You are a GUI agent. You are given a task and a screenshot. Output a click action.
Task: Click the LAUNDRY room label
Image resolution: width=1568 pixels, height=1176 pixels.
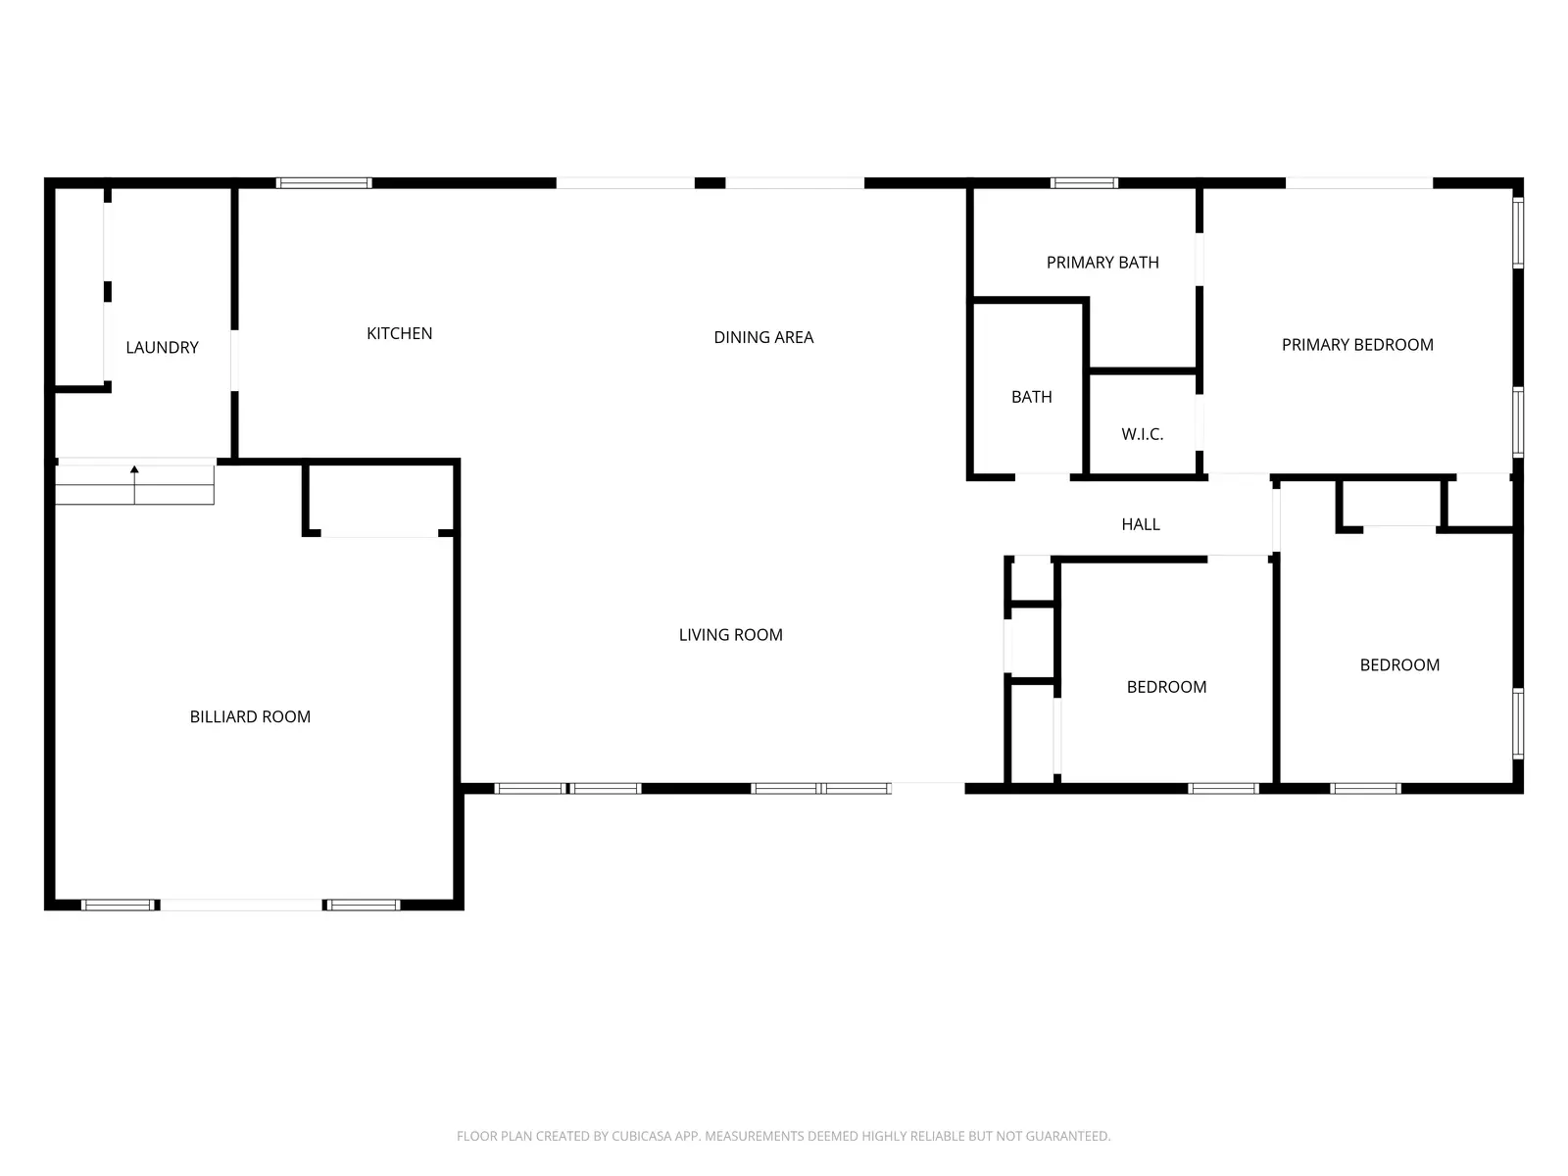pyautogui.click(x=162, y=348)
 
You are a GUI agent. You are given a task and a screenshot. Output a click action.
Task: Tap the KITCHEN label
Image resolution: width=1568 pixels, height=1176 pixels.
pyautogui.click(x=399, y=334)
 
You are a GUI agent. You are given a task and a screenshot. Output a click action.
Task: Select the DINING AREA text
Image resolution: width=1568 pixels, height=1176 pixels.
pyautogui.click(x=763, y=338)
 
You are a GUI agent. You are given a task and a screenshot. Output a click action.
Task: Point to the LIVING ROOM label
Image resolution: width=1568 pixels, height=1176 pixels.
pyautogui.click(x=730, y=635)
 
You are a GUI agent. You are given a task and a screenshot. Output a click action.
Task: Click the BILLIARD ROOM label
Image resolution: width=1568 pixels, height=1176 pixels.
pyautogui.click(x=250, y=717)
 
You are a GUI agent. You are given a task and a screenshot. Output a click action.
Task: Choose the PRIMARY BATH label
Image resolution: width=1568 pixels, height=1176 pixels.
pyautogui.click(x=1102, y=263)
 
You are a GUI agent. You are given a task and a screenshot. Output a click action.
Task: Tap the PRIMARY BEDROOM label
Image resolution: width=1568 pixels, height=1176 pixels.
pyautogui.click(x=1357, y=345)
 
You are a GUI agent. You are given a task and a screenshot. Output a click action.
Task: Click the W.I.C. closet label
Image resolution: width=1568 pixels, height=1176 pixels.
pyautogui.click(x=1142, y=434)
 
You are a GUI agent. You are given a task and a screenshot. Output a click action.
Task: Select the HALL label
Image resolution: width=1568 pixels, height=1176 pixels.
pyautogui.click(x=1141, y=525)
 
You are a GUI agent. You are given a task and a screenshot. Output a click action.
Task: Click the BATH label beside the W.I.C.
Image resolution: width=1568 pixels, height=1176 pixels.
pyautogui.click(x=1031, y=397)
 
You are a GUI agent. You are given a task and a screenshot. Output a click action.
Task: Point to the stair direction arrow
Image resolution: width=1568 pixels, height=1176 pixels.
pyautogui.click(x=134, y=472)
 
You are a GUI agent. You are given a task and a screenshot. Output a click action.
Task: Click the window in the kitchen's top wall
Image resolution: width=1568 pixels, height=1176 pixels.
pyautogui.click(x=323, y=183)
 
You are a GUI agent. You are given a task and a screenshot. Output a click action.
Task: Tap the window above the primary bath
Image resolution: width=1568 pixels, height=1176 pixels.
pyautogui.click(x=1084, y=183)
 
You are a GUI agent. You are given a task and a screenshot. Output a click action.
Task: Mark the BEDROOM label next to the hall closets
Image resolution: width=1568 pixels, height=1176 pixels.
pyautogui.click(x=1166, y=687)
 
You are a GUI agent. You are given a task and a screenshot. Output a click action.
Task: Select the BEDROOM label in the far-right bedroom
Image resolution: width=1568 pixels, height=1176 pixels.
pyautogui.click(x=1399, y=665)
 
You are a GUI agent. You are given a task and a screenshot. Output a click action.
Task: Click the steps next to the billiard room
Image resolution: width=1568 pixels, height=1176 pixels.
pyautogui.click(x=134, y=485)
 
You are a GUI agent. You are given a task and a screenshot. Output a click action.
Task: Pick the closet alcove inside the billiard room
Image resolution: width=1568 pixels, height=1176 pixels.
pyautogui.click(x=380, y=500)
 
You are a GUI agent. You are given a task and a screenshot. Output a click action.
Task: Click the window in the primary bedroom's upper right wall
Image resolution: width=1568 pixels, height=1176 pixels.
pyautogui.click(x=1518, y=232)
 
